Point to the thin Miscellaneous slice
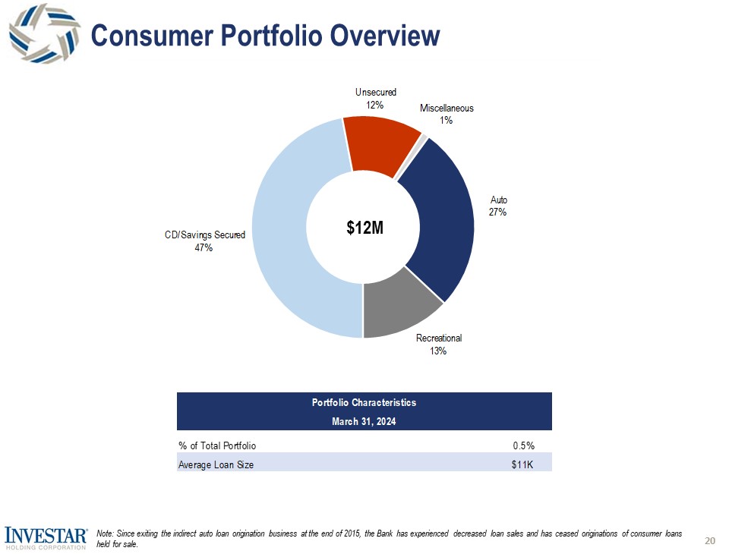tap(424, 137)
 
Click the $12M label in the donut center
tap(364, 227)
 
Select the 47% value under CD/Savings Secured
tap(205, 247)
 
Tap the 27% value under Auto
tap(497, 212)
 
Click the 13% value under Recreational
tap(439, 351)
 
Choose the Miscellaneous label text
tap(447, 109)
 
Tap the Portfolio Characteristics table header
tap(364, 403)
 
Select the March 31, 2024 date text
tap(364, 420)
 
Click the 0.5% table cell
tap(523, 445)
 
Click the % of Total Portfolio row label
tap(217, 445)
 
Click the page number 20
tap(710, 540)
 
